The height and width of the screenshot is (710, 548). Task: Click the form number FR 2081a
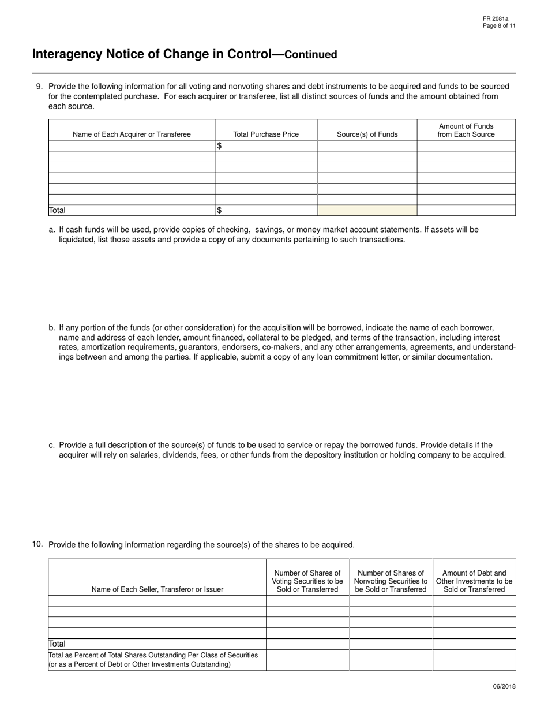pos(496,19)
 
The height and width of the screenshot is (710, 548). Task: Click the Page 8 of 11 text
pos(499,26)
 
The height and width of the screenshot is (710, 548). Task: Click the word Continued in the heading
pos(311,55)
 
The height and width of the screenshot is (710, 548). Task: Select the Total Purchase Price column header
pos(266,134)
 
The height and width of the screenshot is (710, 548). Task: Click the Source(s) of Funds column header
pos(367,134)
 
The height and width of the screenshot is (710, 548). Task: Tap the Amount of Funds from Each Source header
pos(466,130)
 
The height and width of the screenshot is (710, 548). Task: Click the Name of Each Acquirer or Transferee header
pos(132,134)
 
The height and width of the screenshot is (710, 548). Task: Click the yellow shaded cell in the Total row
pos(367,211)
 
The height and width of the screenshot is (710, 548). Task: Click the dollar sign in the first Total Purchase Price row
pos(219,146)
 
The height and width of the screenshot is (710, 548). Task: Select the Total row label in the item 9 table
pos(57,211)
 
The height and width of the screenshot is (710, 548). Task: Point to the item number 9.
pos(39,87)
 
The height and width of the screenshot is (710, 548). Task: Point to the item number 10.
pos(37,544)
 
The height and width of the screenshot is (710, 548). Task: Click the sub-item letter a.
pos(52,230)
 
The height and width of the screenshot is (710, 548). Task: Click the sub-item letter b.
pos(52,328)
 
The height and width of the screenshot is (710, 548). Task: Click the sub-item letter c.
pos(52,445)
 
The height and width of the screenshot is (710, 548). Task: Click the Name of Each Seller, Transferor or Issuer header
pos(157,589)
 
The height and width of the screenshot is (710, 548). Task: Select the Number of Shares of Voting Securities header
pos(307,581)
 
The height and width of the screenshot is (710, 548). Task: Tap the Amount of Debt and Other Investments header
pos(474,581)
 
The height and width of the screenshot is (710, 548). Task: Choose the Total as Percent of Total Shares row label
pos(153,660)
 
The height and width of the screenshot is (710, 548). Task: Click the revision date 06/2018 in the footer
pos(504,686)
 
